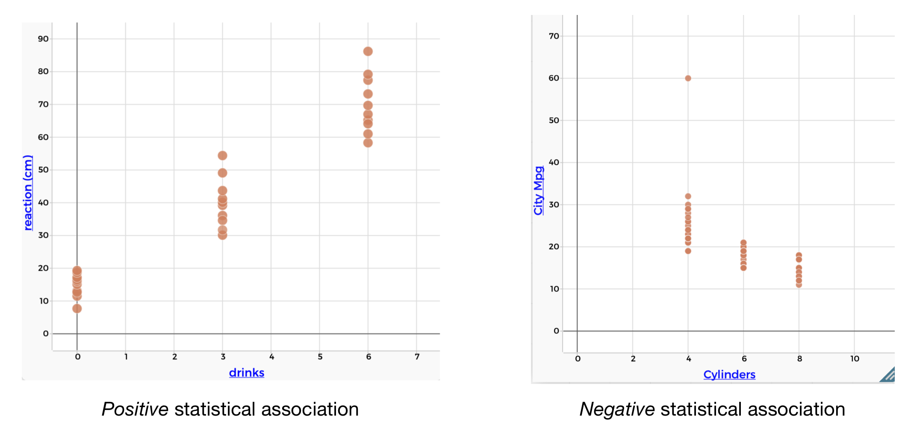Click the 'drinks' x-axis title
[x=246, y=372]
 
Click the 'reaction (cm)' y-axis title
[x=28, y=193]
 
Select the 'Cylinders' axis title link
[x=729, y=375]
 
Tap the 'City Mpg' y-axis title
[x=538, y=191]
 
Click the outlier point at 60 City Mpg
[x=688, y=78]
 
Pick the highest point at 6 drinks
[x=368, y=51]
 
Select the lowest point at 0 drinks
[x=77, y=308]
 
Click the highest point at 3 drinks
[x=222, y=155]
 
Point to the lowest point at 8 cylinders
[x=799, y=285]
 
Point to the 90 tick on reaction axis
[x=43, y=39]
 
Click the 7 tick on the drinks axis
[x=417, y=357]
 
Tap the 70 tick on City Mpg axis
[x=554, y=36]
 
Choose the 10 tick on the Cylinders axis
[x=854, y=359]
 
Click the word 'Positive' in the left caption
[x=135, y=409]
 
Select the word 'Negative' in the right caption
[x=617, y=409]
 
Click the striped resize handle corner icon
[x=888, y=375]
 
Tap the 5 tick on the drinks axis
[x=320, y=357]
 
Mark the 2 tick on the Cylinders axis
[x=633, y=359]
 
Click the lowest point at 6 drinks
[x=368, y=143]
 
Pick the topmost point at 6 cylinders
[x=743, y=242]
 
